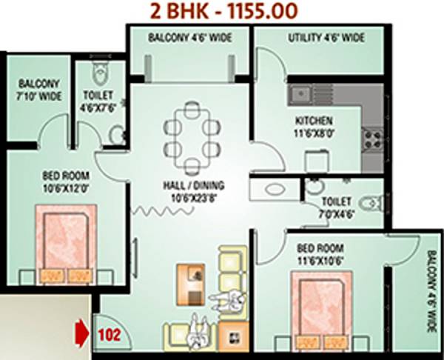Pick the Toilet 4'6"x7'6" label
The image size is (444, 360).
[x=98, y=101]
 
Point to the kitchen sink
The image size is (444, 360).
[x=303, y=93]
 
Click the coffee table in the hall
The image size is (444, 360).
[x=189, y=279]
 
